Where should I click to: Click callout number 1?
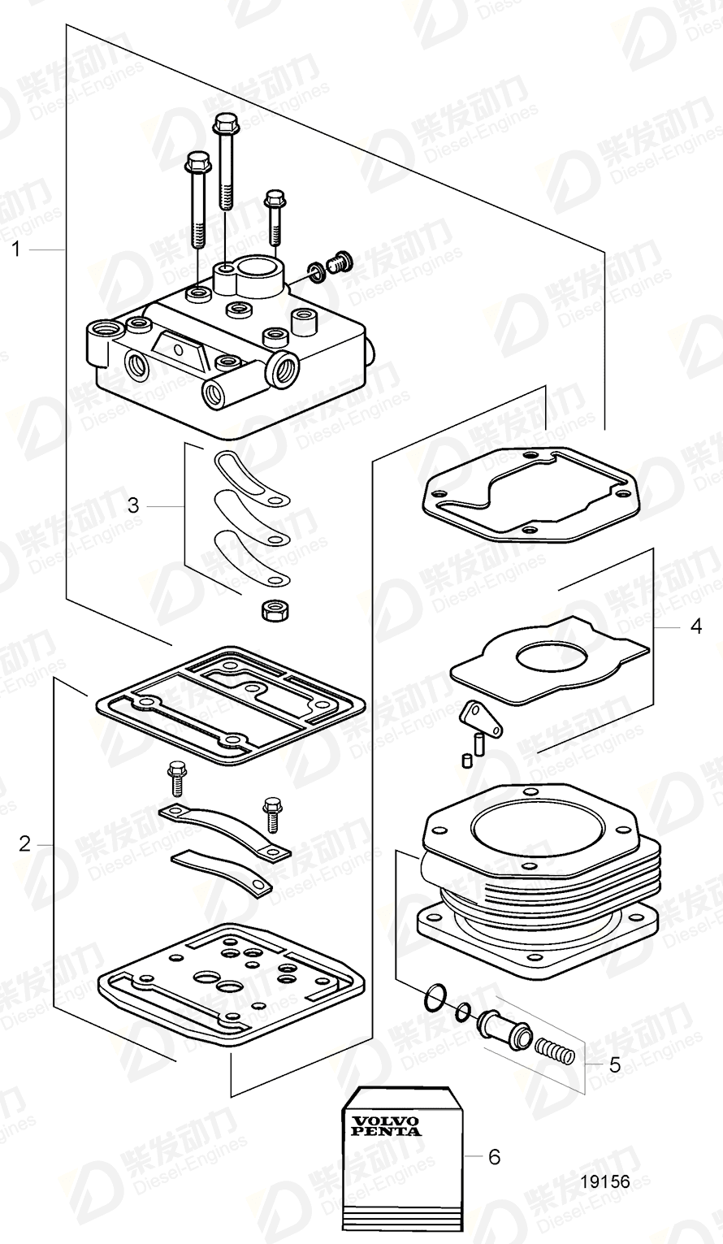[x=15, y=249]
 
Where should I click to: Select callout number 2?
[x=24, y=843]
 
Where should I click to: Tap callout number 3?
[x=132, y=505]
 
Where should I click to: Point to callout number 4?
[x=695, y=627]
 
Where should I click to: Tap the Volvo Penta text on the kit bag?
[x=386, y=1125]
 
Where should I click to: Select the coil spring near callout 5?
[x=557, y=1054]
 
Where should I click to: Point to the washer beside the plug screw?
[x=316, y=271]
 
